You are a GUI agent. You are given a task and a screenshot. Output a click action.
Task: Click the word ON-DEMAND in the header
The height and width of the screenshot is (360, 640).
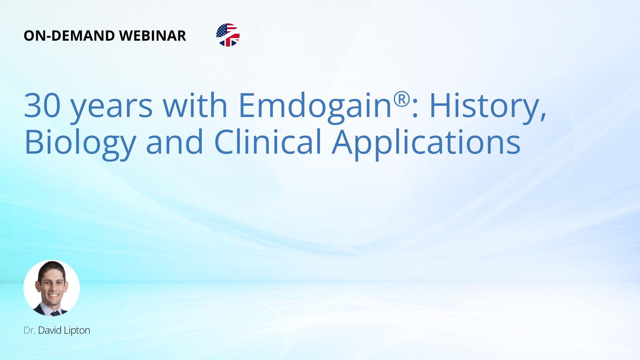pos(69,36)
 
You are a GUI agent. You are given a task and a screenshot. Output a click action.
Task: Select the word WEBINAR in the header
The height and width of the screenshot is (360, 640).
pos(153,36)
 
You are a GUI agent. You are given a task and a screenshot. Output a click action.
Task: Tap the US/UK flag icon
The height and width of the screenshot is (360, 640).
pos(228,35)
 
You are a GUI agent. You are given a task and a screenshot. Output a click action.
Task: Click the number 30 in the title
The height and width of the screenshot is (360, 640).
pos(42,105)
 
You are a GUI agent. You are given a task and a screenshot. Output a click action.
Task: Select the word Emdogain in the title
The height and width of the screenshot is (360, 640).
pos(315,107)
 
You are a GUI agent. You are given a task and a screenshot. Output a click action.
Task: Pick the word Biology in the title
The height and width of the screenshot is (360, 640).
pos(80,144)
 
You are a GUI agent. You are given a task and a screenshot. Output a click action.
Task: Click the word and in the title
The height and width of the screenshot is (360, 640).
pos(175,142)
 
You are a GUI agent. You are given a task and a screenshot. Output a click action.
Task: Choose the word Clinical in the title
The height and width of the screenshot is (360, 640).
pos(268,142)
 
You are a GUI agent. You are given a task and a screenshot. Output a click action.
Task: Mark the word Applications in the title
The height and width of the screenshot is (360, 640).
pos(426,144)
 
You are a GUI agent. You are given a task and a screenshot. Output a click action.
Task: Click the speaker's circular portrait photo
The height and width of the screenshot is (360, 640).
pos(52,288)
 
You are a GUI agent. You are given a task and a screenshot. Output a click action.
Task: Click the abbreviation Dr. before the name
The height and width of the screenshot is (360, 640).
pos(29,330)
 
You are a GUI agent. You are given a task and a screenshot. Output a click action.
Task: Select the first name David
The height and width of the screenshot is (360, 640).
pos(50,330)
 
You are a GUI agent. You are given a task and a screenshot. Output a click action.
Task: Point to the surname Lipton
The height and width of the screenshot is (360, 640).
pos(77,331)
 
